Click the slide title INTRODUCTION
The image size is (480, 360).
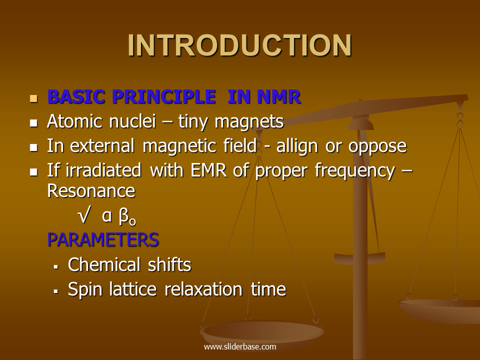[x=239, y=46]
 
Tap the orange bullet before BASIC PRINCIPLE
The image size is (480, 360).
[x=34, y=97]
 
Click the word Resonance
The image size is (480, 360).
[x=91, y=190]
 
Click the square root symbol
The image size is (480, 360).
[x=84, y=216]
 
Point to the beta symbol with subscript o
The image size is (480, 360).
[x=127, y=217]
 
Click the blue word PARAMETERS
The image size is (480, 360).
[x=103, y=240]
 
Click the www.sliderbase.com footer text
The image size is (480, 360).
[x=239, y=346]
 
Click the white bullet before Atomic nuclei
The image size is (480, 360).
[x=34, y=122]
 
